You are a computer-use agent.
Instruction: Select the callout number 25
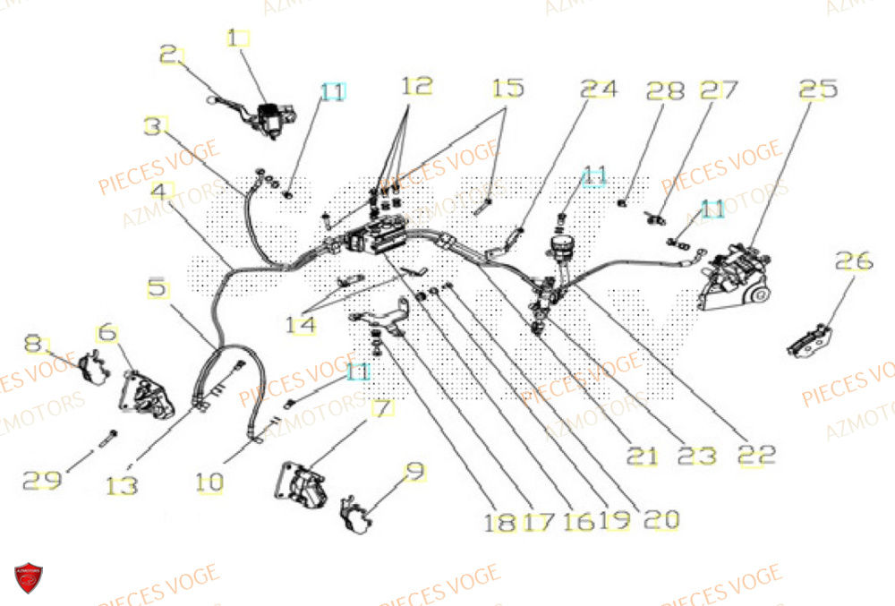click(818, 90)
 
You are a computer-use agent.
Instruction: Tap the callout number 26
click(853, 260)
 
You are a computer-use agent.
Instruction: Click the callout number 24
click(599, 90)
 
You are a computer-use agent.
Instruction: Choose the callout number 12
click(417, 86)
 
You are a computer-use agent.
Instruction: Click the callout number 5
click(158, 288)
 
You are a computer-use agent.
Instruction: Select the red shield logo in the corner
click(29, 578)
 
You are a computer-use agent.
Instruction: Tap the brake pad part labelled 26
click(811, 337)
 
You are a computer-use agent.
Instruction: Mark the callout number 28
click(665, 90)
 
